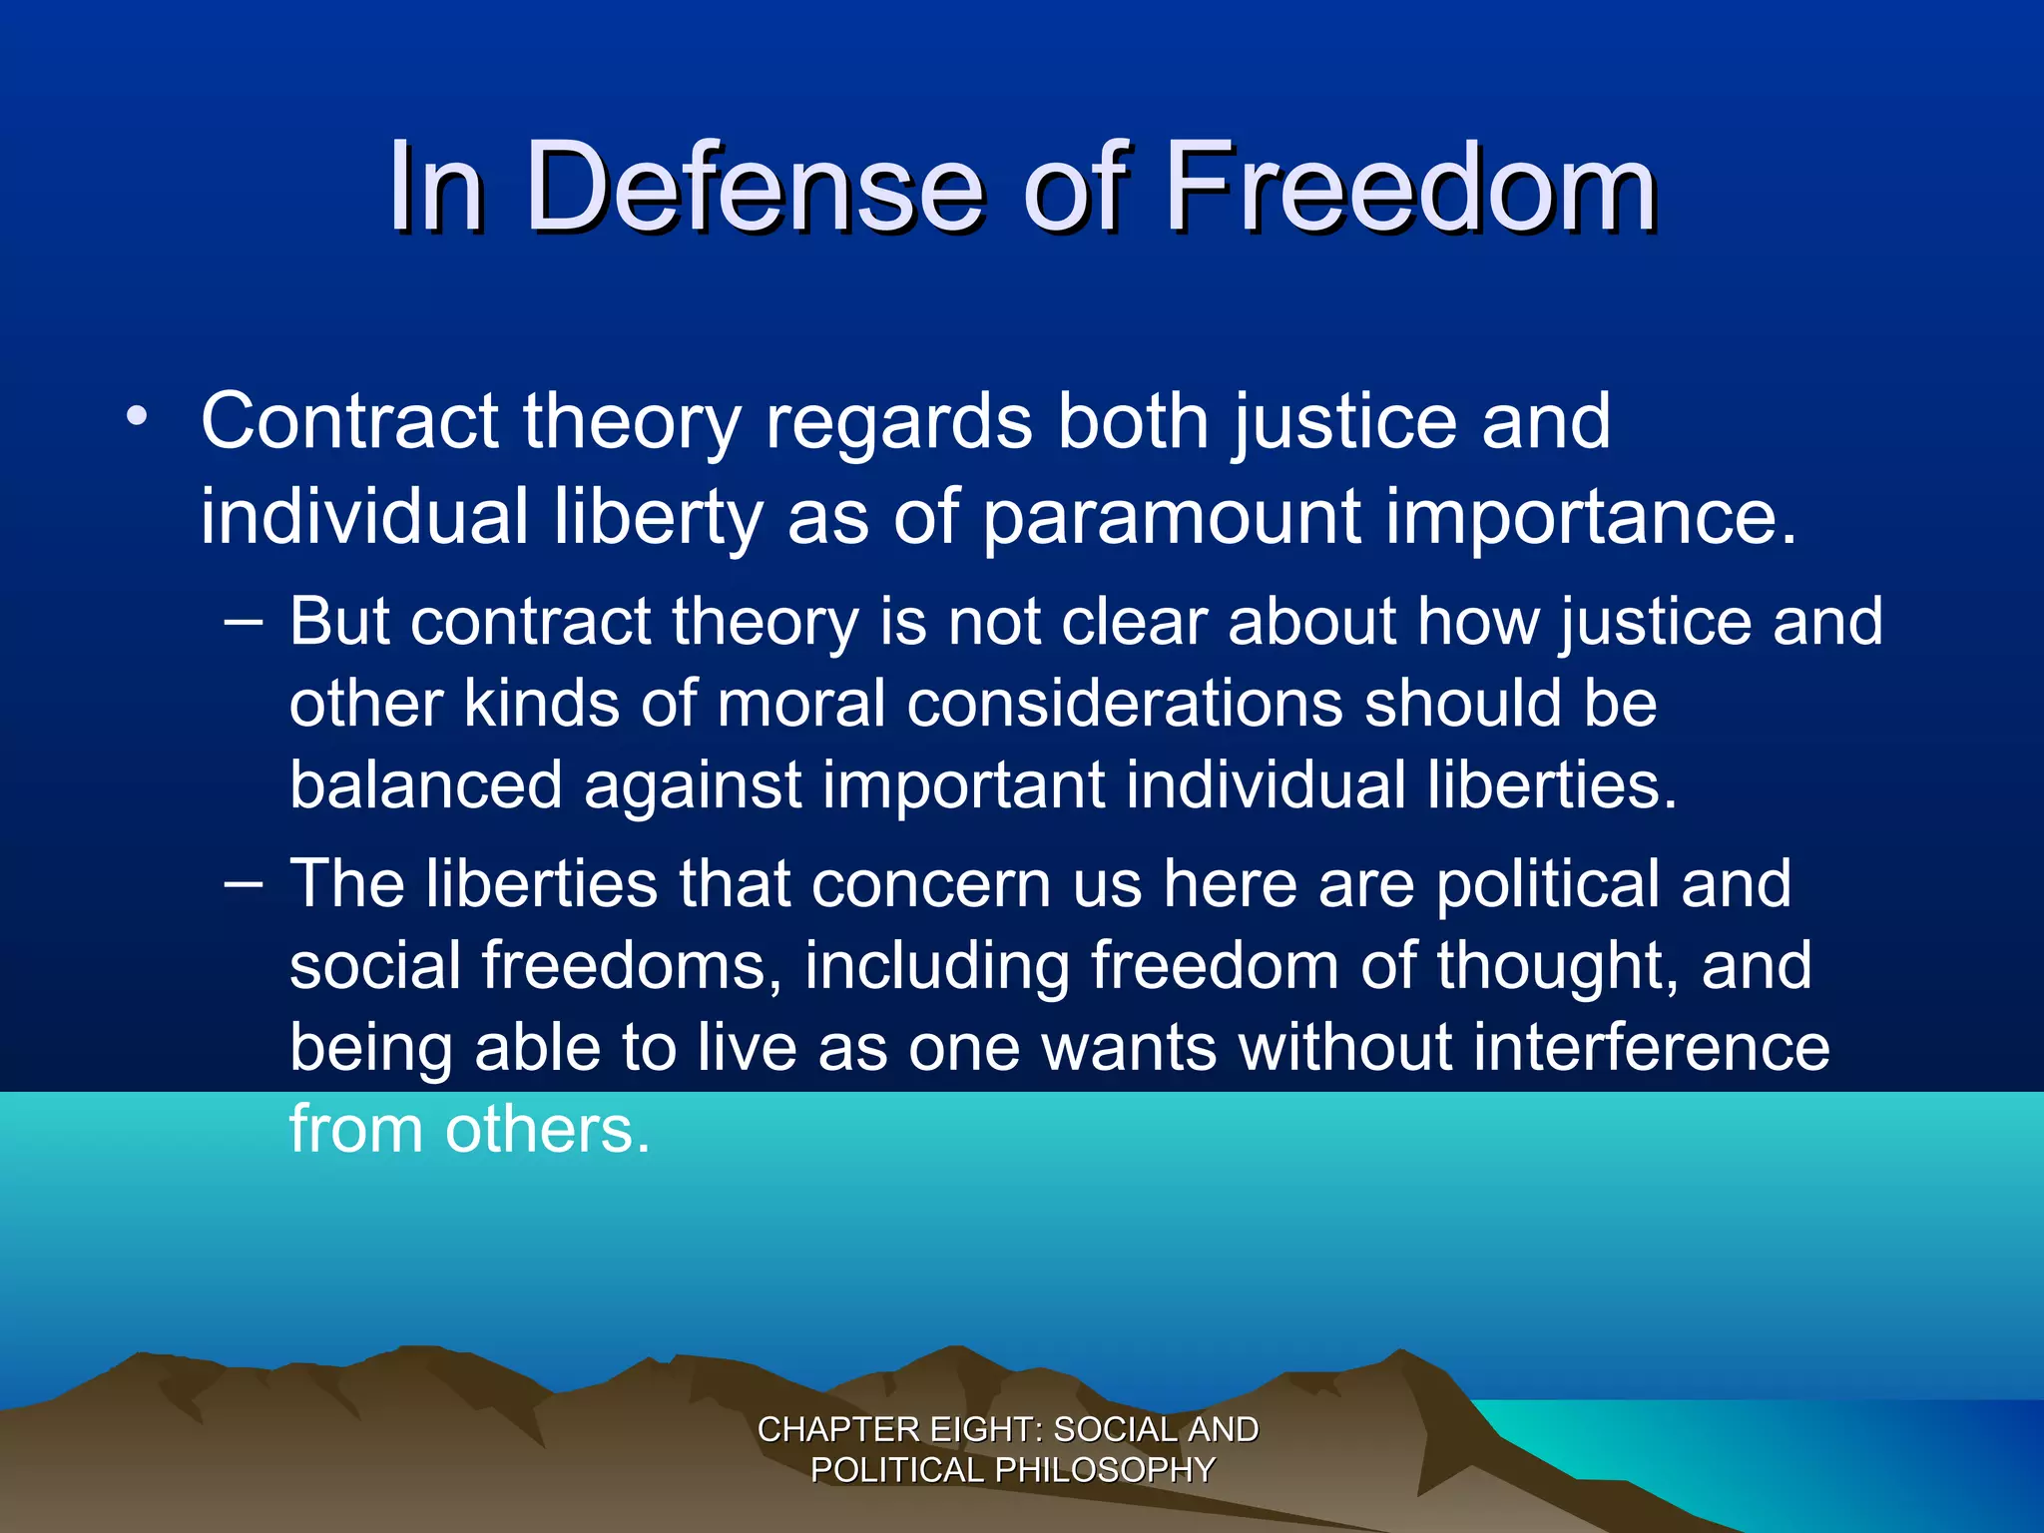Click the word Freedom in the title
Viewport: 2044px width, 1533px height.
coord(1410,188)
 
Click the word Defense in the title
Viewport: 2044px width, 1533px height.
coord(755,188)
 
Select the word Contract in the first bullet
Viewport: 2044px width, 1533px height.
coord(349,421)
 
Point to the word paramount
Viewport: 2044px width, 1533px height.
coord(1173,519)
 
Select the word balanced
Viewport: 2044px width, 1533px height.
coord(426,785)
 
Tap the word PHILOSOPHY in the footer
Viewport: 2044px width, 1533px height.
coord(1105,1470)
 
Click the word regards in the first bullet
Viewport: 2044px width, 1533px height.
coord(898,421)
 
